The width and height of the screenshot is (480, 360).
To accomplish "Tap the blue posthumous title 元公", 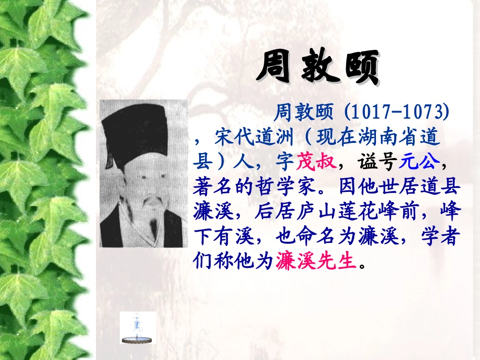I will click(x=419, y=162).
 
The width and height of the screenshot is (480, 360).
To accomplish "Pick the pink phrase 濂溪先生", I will click(x=316, y=261).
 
